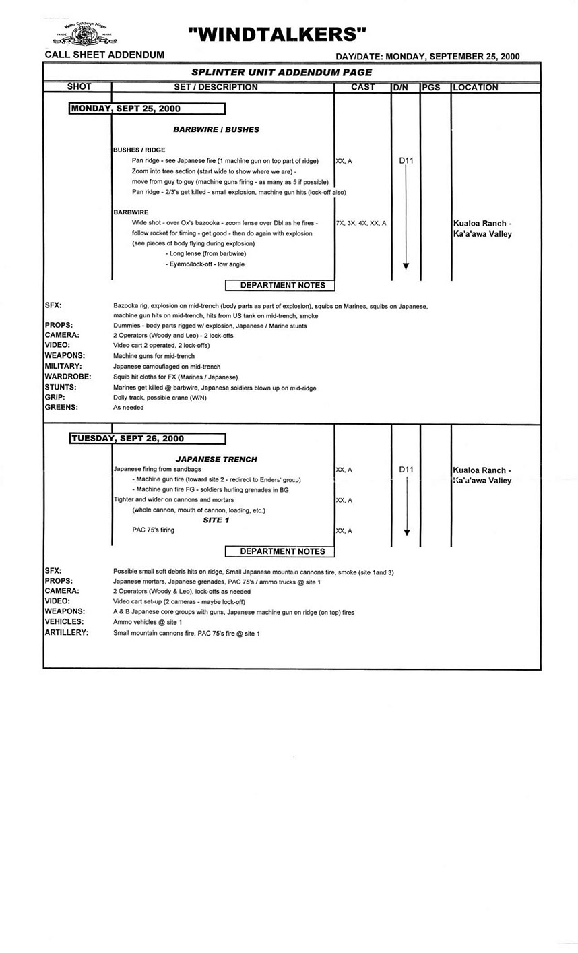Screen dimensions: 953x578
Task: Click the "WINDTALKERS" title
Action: tap(277, 34)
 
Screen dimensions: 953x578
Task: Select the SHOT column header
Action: tap(79, 87)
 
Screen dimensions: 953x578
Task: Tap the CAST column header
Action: tap(363, 87)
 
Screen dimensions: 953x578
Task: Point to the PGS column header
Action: tap(431, 88)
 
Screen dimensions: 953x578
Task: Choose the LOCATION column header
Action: tap(476, 88)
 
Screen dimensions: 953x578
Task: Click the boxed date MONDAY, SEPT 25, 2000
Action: tap(147, 109)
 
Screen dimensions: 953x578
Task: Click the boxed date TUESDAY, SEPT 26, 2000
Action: tap(148, 439)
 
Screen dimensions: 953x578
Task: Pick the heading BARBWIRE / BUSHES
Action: tap(216, 129)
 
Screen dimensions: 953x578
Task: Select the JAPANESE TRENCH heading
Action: tap(216, 459)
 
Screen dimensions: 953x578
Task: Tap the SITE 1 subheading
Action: tap(216, 520)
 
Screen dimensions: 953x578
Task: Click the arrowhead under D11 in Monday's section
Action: tap(406, 266)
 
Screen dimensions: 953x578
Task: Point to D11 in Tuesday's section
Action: tap(406, 470)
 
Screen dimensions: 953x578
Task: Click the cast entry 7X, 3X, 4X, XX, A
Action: tap(361, 223)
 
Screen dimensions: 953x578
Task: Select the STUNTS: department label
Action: tap(61, 388)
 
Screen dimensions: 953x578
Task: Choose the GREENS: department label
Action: tap(61, 408)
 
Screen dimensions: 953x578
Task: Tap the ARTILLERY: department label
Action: tap(66, 634)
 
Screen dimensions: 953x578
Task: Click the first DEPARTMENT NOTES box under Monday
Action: tap(283, 286)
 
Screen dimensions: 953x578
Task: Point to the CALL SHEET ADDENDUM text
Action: tap(104, 55)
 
